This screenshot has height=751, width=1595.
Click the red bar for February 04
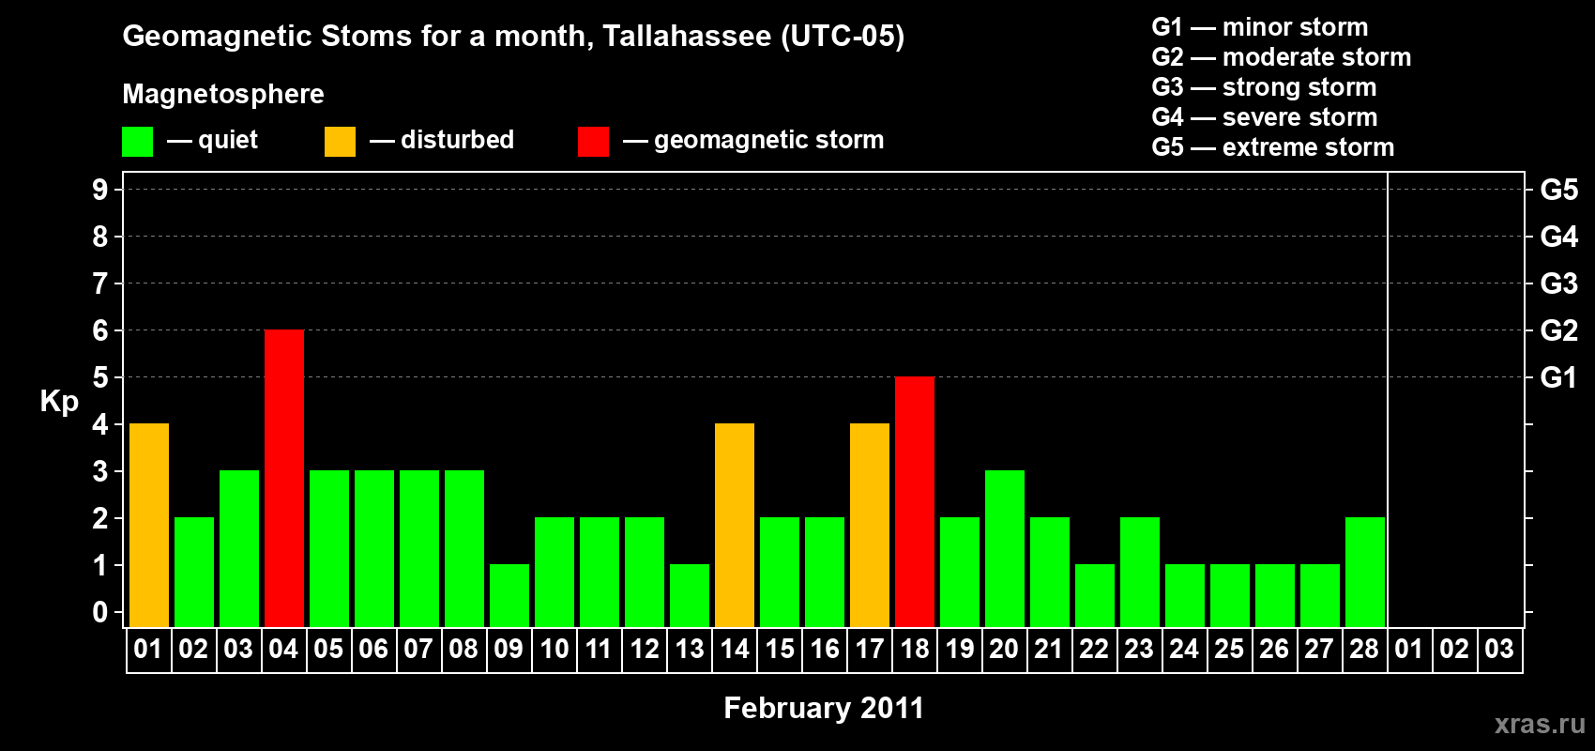tap(284, 478)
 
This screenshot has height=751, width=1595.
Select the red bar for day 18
tap(915, 501)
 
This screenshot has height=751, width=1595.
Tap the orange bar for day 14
tap(735, 525)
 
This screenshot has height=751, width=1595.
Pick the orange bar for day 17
tap(870, 525)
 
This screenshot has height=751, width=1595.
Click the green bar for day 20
tap(1005, 548)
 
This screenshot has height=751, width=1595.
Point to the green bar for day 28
tap(1365, 572)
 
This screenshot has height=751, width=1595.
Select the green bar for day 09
tap(509, 596)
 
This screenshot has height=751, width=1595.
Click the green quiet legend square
tap(137, 141)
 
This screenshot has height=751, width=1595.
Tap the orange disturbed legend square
tap(340, 141)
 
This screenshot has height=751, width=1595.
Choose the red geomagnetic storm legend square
tap(593, 141)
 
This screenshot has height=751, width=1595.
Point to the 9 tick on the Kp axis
tap(99, 190)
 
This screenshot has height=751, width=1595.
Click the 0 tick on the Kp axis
tap(99, 612)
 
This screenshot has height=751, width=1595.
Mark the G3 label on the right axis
tap(1558, 284)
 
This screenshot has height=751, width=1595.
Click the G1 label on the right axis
tap(1558, 377)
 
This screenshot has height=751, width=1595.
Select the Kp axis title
tap(59, 402)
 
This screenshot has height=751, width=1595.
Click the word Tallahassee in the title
tap(687, 37)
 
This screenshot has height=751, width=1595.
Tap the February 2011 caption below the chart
tap(824, 708)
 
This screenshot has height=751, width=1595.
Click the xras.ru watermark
tap(1540, 724)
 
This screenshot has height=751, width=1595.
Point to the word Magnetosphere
tap(223, 94)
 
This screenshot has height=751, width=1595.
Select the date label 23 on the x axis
tap(1139, 649)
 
